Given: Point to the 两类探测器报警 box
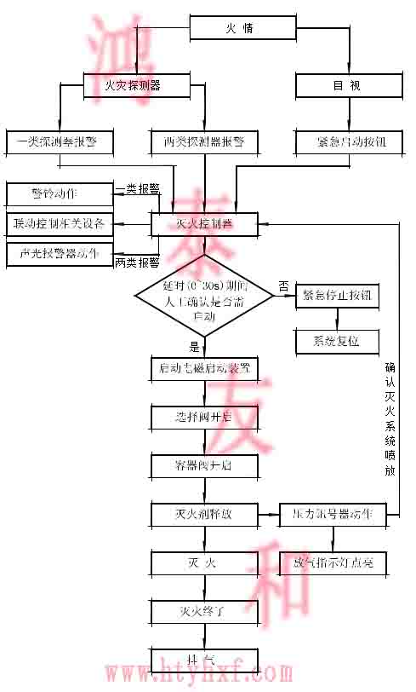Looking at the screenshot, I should (204, 141).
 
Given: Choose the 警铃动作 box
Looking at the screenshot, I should (60, 193).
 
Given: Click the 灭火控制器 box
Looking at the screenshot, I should (204, 223).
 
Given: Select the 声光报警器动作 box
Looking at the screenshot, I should (60, 253).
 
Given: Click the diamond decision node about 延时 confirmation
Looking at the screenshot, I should (204, 295).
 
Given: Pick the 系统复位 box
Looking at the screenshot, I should (337, 341).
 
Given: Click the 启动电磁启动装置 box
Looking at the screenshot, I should (204, 368).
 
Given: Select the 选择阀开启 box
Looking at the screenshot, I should (204, 418).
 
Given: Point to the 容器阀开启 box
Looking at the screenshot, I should (204, 465).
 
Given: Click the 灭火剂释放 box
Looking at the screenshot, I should (204, 514).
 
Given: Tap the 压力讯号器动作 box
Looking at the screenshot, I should (333, 514).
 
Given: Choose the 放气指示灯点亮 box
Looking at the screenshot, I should (333, 562).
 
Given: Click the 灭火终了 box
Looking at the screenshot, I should (204, 610).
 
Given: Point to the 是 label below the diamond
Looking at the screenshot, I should (194, 347).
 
